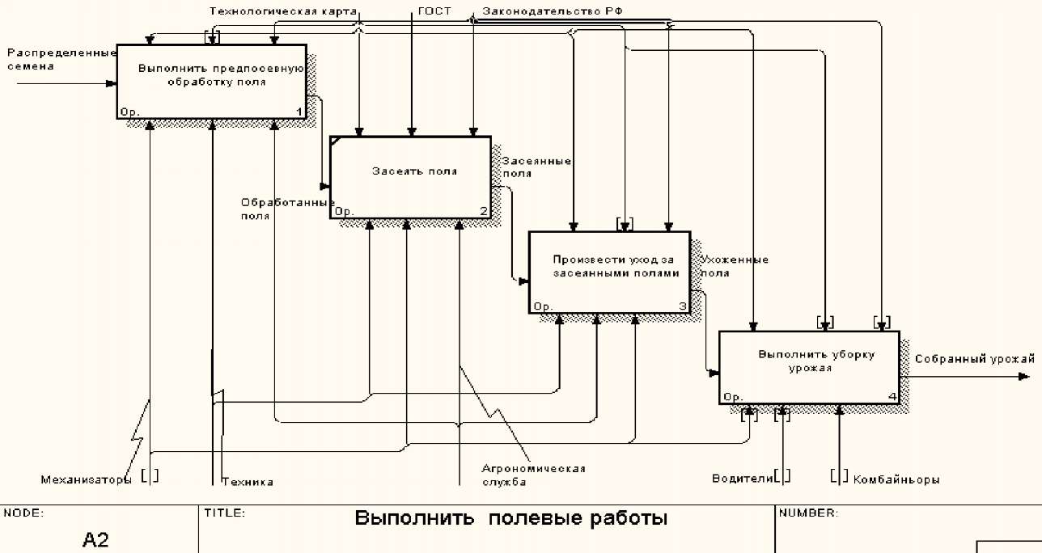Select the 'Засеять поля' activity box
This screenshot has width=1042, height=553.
410,177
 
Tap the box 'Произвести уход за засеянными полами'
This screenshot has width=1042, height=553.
609,272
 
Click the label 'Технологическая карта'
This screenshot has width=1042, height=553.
282,11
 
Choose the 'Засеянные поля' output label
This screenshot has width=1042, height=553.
536,167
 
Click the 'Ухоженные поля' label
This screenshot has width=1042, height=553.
734,266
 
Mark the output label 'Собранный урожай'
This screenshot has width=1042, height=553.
974,358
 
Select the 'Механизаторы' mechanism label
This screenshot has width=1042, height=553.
86,479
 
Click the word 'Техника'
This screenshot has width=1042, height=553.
248,482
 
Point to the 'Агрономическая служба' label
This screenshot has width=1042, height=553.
533,475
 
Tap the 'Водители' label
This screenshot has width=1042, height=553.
742,478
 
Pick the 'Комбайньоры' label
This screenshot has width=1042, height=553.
896,479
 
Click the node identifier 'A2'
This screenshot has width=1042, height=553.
95,539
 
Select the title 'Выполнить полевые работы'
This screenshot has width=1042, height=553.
511,518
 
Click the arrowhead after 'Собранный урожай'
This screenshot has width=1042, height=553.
1025,376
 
